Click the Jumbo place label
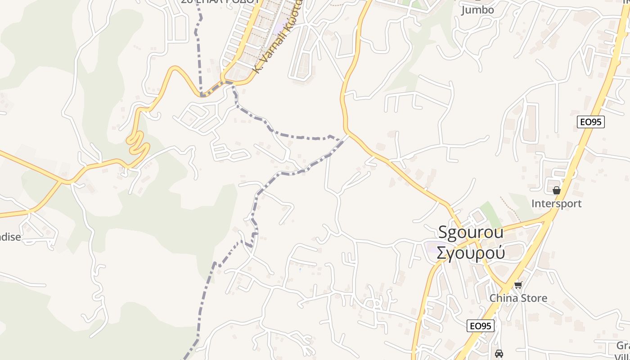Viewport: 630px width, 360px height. coord(477,10)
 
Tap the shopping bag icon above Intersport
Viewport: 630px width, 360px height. coord(557,190)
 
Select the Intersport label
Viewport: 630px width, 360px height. coord(556,203)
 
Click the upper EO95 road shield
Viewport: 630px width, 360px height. coord(591,121)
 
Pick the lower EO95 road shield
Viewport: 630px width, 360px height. coord(481,326)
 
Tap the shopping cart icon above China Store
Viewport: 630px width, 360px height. coord(518,285)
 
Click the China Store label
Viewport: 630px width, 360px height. coord(518,298)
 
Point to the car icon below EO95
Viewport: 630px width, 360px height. coord(499,353)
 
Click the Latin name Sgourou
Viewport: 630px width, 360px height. coord(471,232)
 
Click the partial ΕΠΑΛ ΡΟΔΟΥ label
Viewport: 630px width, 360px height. coord(220,2)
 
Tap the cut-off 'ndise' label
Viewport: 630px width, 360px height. coord(10,237)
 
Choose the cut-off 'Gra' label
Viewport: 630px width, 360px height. coord(623,346)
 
